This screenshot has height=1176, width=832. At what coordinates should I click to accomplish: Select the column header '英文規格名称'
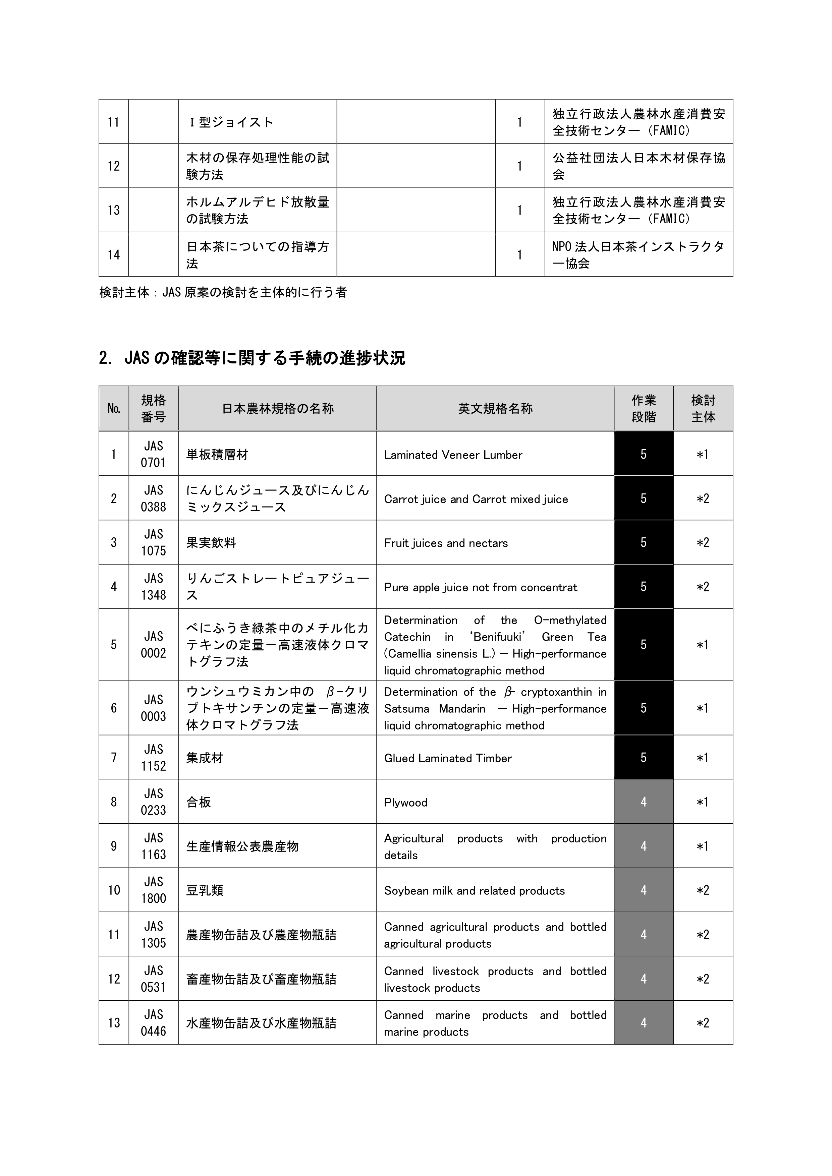click(495, 408)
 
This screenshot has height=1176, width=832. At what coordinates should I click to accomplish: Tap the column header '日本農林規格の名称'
click(277, 408)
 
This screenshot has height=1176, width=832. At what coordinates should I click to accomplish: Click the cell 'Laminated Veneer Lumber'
click(453, 455)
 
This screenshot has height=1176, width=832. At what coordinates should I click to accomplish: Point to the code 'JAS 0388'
click(153, 498)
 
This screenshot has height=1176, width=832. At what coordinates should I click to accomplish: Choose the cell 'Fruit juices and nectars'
click(446, 543)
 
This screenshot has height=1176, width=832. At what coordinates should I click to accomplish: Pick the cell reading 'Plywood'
click(405, 802)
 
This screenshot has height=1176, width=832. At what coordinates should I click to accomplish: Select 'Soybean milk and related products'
click(474, 891)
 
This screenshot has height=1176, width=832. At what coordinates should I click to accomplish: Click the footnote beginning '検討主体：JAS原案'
click(223, 292)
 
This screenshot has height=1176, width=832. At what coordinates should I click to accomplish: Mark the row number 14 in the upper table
click(113, 254)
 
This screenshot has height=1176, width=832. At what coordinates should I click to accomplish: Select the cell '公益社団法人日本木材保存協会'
click(639, 166)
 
